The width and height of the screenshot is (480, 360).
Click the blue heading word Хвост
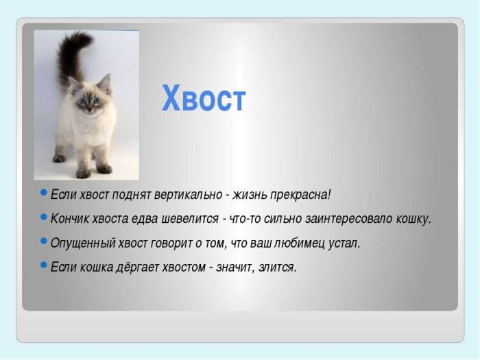click(204, 99)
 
